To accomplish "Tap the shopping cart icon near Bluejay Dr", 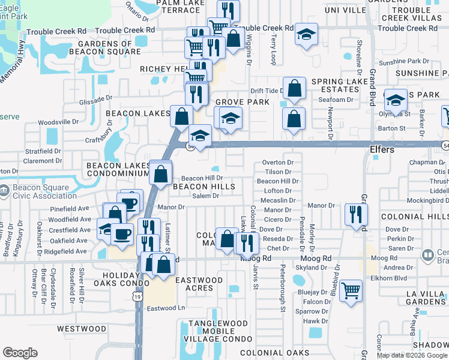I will click(x=351, y=291).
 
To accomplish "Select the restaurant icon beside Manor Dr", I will click(x=357, y=215).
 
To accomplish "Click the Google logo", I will click(x=20, y=353).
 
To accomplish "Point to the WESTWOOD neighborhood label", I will click(x=81, y=329).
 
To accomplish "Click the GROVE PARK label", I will click(x=242, y=103).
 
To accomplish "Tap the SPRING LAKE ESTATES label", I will click(x=340, y=86).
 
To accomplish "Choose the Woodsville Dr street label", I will click(x=58, y=122).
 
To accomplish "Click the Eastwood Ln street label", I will click(x=166, y=308).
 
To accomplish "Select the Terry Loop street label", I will click(x=273, y=50).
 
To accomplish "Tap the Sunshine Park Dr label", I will click(x=404, y=61).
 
